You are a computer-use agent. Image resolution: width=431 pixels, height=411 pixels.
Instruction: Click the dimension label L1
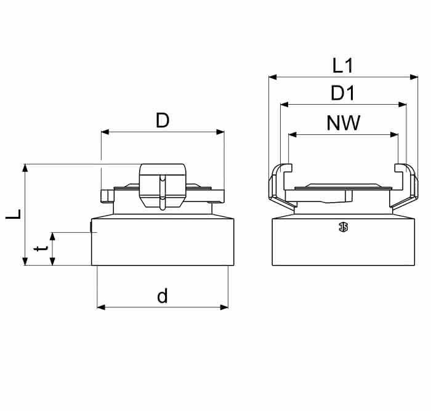[x=342, y=66]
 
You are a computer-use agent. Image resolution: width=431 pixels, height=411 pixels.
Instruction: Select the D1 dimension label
[x=343, y=93]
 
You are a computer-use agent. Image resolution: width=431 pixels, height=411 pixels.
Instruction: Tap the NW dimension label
[x=344, y=123]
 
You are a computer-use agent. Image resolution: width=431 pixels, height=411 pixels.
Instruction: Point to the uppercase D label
[x=163, y=121]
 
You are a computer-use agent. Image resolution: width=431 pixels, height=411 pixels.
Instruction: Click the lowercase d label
[x=162, y=295]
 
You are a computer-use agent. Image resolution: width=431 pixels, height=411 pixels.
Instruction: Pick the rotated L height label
[x=13, y=214]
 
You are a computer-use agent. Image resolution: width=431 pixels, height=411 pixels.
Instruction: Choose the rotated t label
[x=41, y=249]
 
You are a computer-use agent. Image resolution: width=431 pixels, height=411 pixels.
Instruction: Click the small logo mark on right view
[x=344, y=227]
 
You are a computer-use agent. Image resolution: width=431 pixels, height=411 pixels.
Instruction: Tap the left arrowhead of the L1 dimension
[x=273, y=77]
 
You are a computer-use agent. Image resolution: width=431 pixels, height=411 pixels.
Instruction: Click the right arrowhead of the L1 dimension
[x=414, y=77]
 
